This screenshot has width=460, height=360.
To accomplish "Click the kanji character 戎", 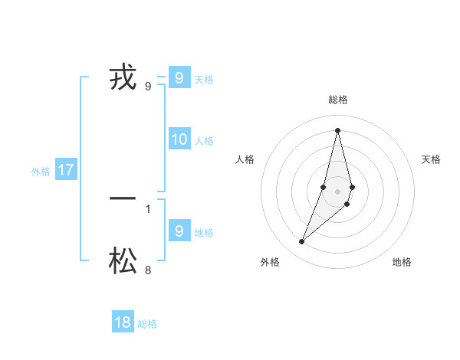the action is coord(123,78).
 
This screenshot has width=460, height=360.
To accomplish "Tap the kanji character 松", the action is coord(123,262).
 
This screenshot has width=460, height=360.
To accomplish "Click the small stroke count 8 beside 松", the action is coord(148,270).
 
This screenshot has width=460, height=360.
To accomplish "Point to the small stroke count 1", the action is coord(148,208).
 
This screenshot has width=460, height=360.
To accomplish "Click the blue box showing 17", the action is coord(66,170).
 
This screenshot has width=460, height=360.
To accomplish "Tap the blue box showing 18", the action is coord(123,322).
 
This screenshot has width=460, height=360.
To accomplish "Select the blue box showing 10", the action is coord(179,139).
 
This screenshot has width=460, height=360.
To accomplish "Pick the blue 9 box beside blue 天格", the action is coord(179,77).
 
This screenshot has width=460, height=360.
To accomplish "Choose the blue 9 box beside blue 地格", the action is coord(179,231).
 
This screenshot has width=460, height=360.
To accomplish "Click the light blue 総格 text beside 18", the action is coord(147,324).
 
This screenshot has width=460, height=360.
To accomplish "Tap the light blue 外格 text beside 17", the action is coord(41,172).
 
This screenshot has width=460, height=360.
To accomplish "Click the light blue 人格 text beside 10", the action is coord(204,141).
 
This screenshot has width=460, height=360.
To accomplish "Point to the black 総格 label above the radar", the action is coord(338,100).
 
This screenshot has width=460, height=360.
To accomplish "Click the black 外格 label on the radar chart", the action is coord(270,262).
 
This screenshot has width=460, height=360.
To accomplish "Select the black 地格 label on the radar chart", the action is coord(402,262).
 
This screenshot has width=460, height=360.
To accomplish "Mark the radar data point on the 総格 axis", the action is coord(337,130).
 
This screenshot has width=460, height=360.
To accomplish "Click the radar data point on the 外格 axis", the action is coord(302,241).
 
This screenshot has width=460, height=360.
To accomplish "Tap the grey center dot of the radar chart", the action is coord(337,191).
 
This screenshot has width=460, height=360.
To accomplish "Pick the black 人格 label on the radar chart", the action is coord(245,159).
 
